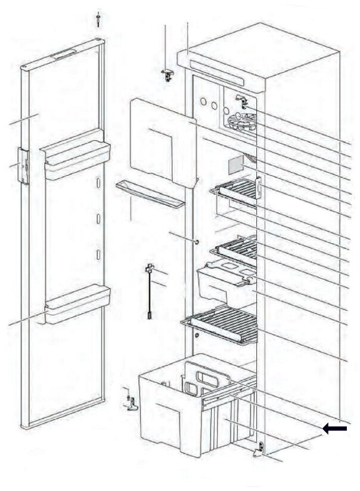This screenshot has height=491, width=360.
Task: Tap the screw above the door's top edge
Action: (x=97, y=19)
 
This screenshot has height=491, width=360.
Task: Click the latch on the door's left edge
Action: (x=23, y=166)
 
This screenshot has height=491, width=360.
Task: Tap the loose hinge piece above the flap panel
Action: (x=169, y=73)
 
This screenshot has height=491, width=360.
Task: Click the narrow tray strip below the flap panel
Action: (x=150, y=195)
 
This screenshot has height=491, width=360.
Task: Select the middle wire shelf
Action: (x=238, y=248)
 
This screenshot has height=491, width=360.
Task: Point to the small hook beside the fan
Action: (x=241, y=100)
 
